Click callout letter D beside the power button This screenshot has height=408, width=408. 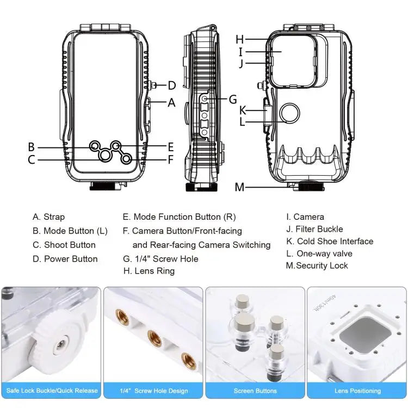(171, 85)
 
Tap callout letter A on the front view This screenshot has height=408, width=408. (172, 102)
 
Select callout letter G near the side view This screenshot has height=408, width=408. (233, 99)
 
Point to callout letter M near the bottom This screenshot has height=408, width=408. (240, 188)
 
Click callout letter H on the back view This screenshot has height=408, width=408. (240, 39)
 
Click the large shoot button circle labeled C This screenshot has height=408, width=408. (104, 156)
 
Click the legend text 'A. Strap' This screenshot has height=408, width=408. (48, 217)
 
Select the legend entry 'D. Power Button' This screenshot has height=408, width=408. (65, 259)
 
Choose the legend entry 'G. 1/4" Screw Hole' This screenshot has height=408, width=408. (160, 259)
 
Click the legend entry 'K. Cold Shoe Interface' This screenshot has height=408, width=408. (330, 242)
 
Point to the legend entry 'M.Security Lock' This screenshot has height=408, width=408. (317, 265)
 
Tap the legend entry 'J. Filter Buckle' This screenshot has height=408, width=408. (314, 229)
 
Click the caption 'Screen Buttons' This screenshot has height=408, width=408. (255, 391)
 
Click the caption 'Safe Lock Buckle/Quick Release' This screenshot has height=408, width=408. (51, 391)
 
